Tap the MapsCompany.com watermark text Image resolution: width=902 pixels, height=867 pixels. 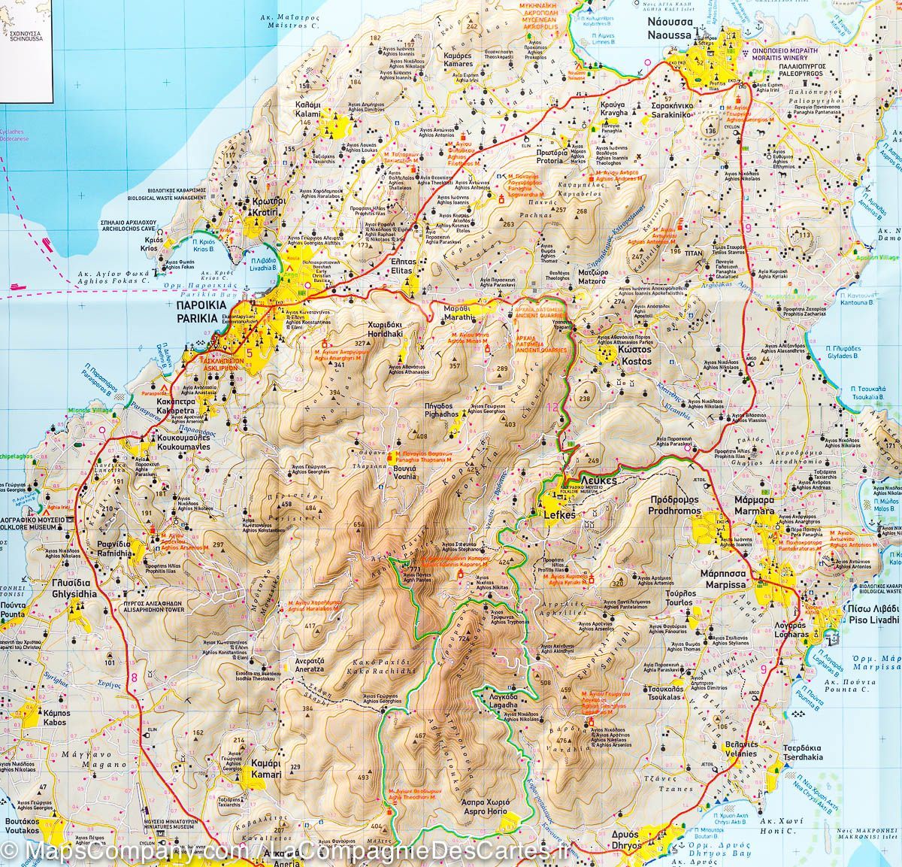[x=120, y=850]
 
